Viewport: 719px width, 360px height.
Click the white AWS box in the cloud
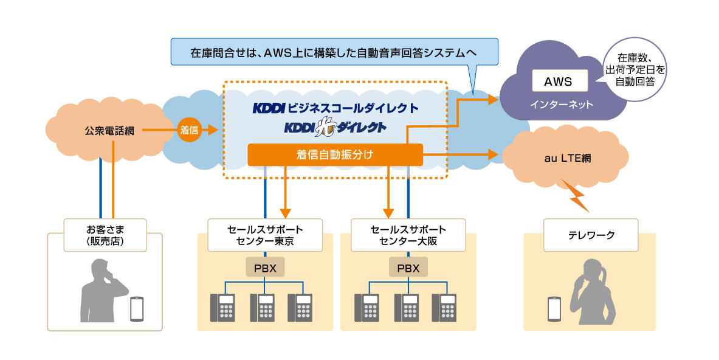click(560, 81)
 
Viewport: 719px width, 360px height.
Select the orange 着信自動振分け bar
click(335, 155)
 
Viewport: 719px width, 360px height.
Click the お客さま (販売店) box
click(105, 235)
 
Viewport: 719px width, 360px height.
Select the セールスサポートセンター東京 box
click(265, 235)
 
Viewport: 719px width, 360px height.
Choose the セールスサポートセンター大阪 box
click(408, 235)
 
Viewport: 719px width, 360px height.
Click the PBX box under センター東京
click(265, 268)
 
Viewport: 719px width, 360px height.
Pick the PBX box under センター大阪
click(408, 268)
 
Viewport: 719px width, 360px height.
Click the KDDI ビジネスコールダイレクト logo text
click(335, 109)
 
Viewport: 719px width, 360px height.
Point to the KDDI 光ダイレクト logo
click(335, 128)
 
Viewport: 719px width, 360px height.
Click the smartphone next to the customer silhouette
click(138, 309)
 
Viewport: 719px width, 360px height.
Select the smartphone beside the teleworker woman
click(554, 309)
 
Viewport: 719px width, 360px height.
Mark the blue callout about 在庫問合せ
click(334, 52)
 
